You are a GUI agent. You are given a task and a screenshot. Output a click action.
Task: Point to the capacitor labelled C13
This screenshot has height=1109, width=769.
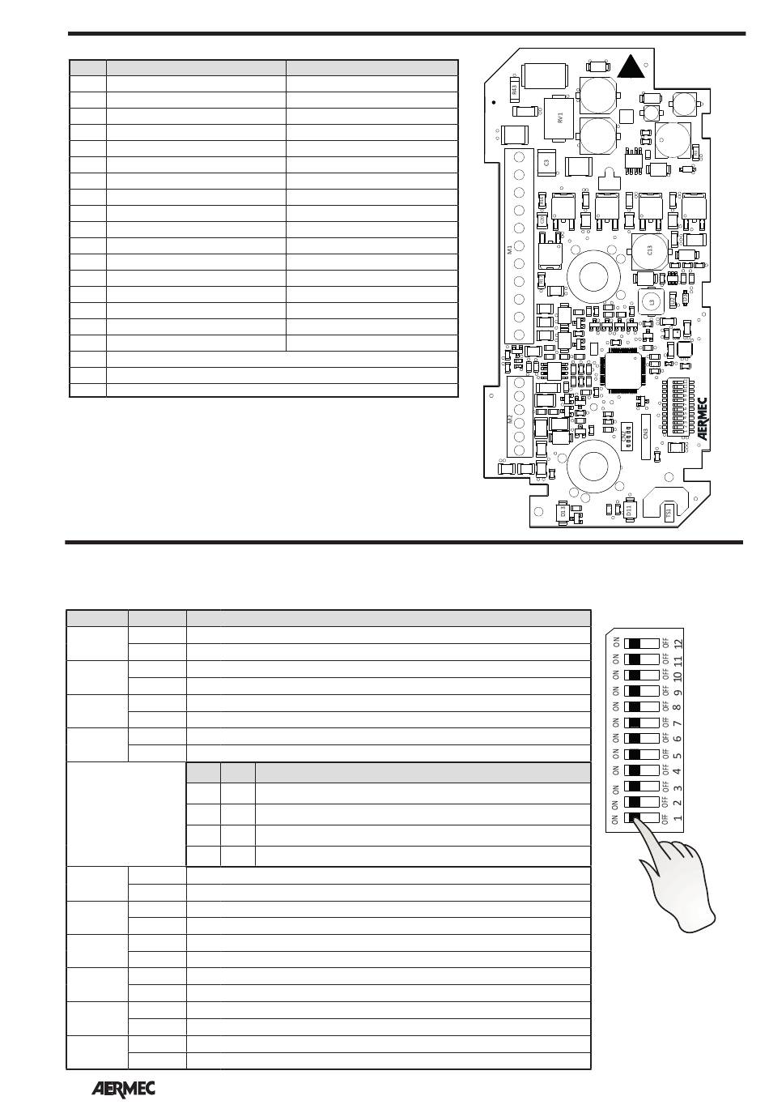point(648,250)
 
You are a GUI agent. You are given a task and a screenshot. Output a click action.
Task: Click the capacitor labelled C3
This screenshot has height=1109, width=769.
point(546,163)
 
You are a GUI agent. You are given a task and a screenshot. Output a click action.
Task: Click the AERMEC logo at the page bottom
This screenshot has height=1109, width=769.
point(122,1089)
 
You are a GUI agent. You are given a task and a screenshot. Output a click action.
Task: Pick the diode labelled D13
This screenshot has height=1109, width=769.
point(563,512)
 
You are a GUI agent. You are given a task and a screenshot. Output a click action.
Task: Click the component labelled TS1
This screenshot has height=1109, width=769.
point(669,512)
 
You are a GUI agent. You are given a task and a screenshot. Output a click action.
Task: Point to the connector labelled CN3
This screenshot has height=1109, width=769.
point(645,433)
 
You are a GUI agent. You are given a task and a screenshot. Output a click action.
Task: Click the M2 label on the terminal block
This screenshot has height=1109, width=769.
point(510,419)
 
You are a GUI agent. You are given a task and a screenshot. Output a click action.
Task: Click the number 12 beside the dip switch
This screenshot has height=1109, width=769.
point(678,644)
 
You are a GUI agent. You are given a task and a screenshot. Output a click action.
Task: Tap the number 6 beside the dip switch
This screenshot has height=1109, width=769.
point(678,738)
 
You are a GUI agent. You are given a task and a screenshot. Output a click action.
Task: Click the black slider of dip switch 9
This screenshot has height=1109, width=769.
point(635,691)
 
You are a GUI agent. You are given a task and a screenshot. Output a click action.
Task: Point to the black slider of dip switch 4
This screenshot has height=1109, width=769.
point(635,770)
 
